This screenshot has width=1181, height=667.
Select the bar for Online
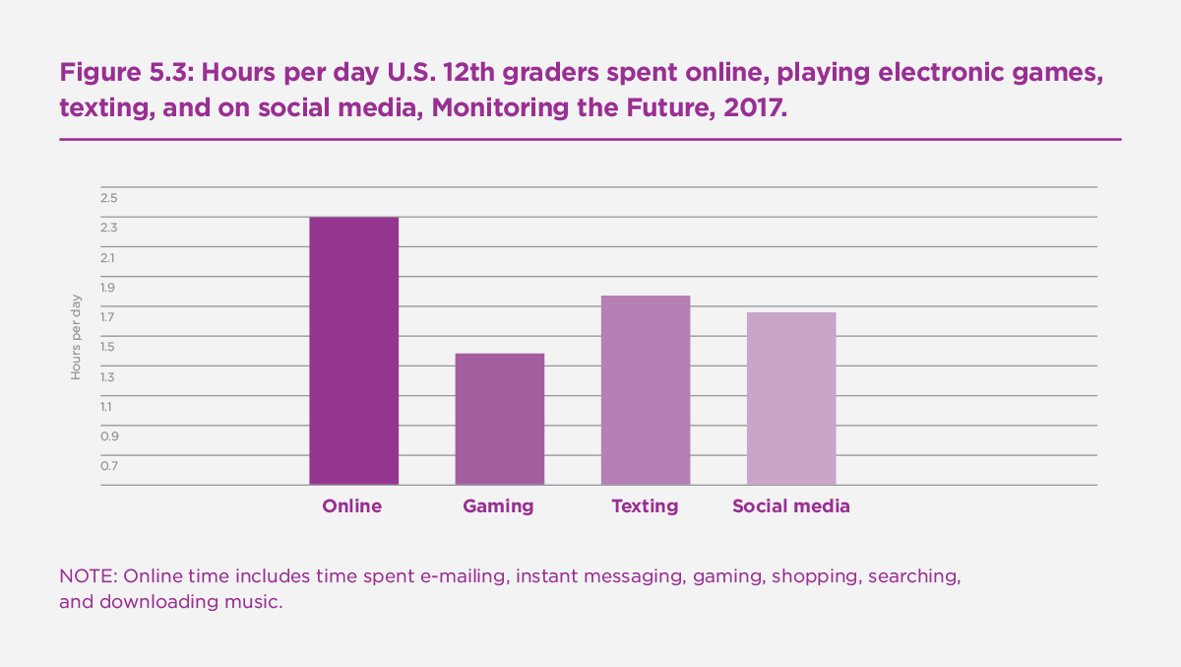353,351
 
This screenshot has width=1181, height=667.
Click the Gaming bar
499,419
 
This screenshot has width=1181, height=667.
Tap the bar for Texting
645,390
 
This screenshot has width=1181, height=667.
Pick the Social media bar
790,398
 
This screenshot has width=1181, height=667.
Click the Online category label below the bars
352,506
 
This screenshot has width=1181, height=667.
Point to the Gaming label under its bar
499,506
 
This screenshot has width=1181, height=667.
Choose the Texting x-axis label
645,506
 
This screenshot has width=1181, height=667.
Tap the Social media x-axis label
790,506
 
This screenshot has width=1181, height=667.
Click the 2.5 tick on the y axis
108,198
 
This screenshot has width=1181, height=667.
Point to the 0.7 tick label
108,466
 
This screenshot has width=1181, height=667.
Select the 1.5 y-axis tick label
108,347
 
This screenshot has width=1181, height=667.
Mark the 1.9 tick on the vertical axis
108,288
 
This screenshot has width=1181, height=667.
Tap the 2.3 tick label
108,228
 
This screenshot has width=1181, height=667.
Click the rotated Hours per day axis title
76,337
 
